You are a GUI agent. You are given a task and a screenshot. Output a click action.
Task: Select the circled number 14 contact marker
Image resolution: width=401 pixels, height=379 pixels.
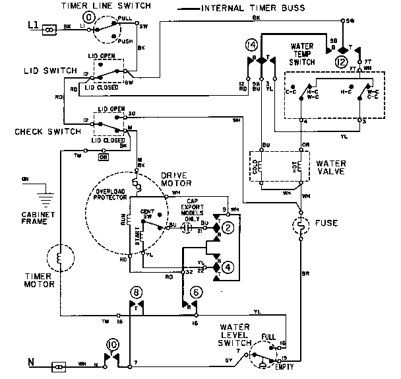point(250,46)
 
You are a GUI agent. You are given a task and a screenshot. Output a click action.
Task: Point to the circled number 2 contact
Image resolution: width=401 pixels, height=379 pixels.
point(228,228)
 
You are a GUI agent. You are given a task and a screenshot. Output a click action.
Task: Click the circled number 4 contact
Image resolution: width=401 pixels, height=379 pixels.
point(228,267)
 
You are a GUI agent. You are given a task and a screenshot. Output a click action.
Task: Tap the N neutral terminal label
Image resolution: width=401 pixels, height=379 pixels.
point(30,362)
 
